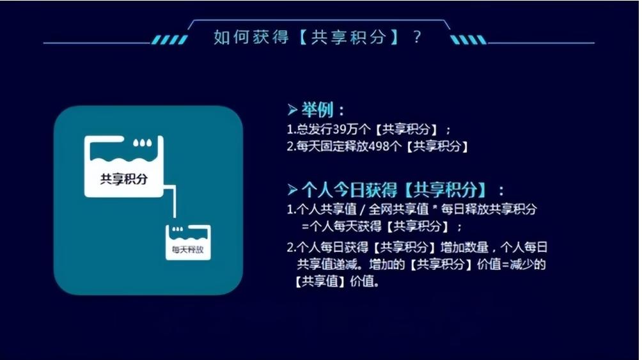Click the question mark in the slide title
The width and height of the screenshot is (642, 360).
pos(418,36)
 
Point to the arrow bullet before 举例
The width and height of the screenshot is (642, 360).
pos(293,109)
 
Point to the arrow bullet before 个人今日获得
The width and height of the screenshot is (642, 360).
pos(293,189)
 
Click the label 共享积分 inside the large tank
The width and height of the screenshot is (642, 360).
pos(124,179)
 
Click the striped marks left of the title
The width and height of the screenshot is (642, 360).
pos(169,40)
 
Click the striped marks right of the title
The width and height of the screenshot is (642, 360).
pos(468,40)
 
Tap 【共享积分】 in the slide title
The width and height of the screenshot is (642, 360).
pos(349,36)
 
